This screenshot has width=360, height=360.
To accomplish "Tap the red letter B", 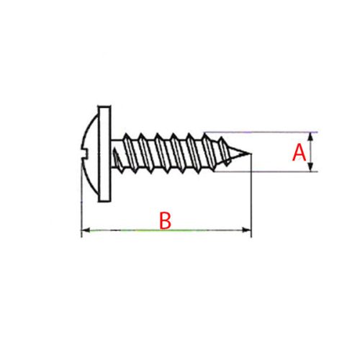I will point(165,221).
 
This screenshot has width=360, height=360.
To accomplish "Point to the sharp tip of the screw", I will point(251,153).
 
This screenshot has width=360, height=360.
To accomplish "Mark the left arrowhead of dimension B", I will point(84,230).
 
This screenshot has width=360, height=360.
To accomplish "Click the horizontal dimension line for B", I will point(165,230).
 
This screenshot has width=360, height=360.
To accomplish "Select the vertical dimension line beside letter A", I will point(311,152).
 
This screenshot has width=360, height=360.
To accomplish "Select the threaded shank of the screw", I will point(180,152).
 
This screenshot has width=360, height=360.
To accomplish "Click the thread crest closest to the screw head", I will point(127,135).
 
